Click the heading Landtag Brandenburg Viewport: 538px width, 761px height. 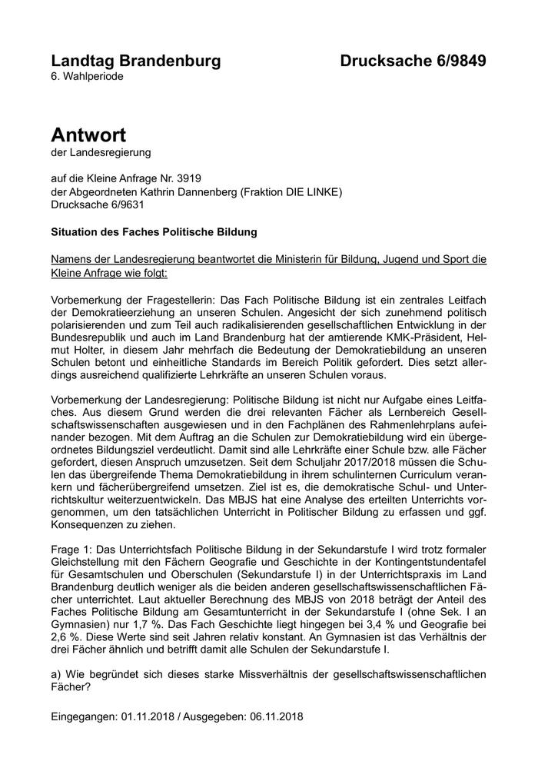click(135, 61)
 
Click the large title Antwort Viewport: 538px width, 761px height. click(88, 135)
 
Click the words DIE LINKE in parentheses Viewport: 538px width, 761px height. click(307, 191)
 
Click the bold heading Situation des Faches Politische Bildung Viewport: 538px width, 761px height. click(154, 231)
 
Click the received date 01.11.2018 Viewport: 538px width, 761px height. click(148, 716)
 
